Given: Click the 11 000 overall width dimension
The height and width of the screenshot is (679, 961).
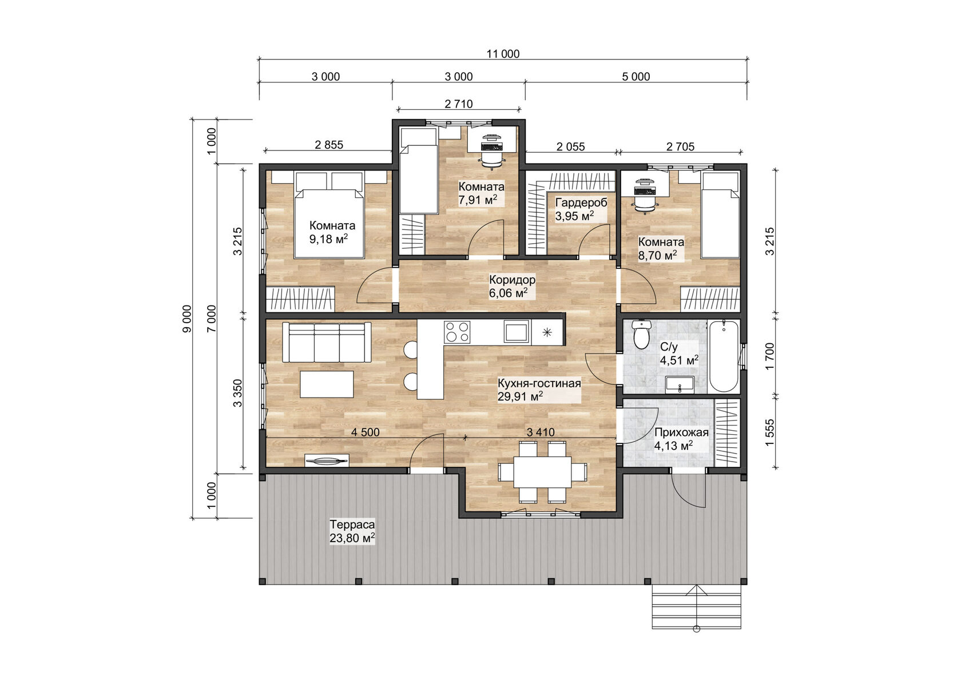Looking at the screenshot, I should [x=503, y=54].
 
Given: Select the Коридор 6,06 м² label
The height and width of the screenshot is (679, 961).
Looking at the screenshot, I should [x=512, y=286].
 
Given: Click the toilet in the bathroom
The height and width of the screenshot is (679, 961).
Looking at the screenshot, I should [x=642, y=335].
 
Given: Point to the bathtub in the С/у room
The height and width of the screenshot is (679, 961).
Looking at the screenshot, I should [x=723, y=356].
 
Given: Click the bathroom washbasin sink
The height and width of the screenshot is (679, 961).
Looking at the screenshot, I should [x=680, y=384].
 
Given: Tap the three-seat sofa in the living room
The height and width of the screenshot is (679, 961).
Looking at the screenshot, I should [x=327, y=342].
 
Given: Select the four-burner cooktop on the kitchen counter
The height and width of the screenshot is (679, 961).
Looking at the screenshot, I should [x=457, y=332].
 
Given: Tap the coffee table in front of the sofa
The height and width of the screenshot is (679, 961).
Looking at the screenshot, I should [x=327, y=384].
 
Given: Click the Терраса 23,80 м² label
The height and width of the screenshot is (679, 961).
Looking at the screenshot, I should [x=352, y=531].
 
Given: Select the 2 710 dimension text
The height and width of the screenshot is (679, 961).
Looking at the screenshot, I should [x=458, y=104].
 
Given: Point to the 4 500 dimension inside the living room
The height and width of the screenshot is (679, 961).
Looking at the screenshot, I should [x=365, y=432].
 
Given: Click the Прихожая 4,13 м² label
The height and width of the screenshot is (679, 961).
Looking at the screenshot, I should [x=681, y=439].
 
